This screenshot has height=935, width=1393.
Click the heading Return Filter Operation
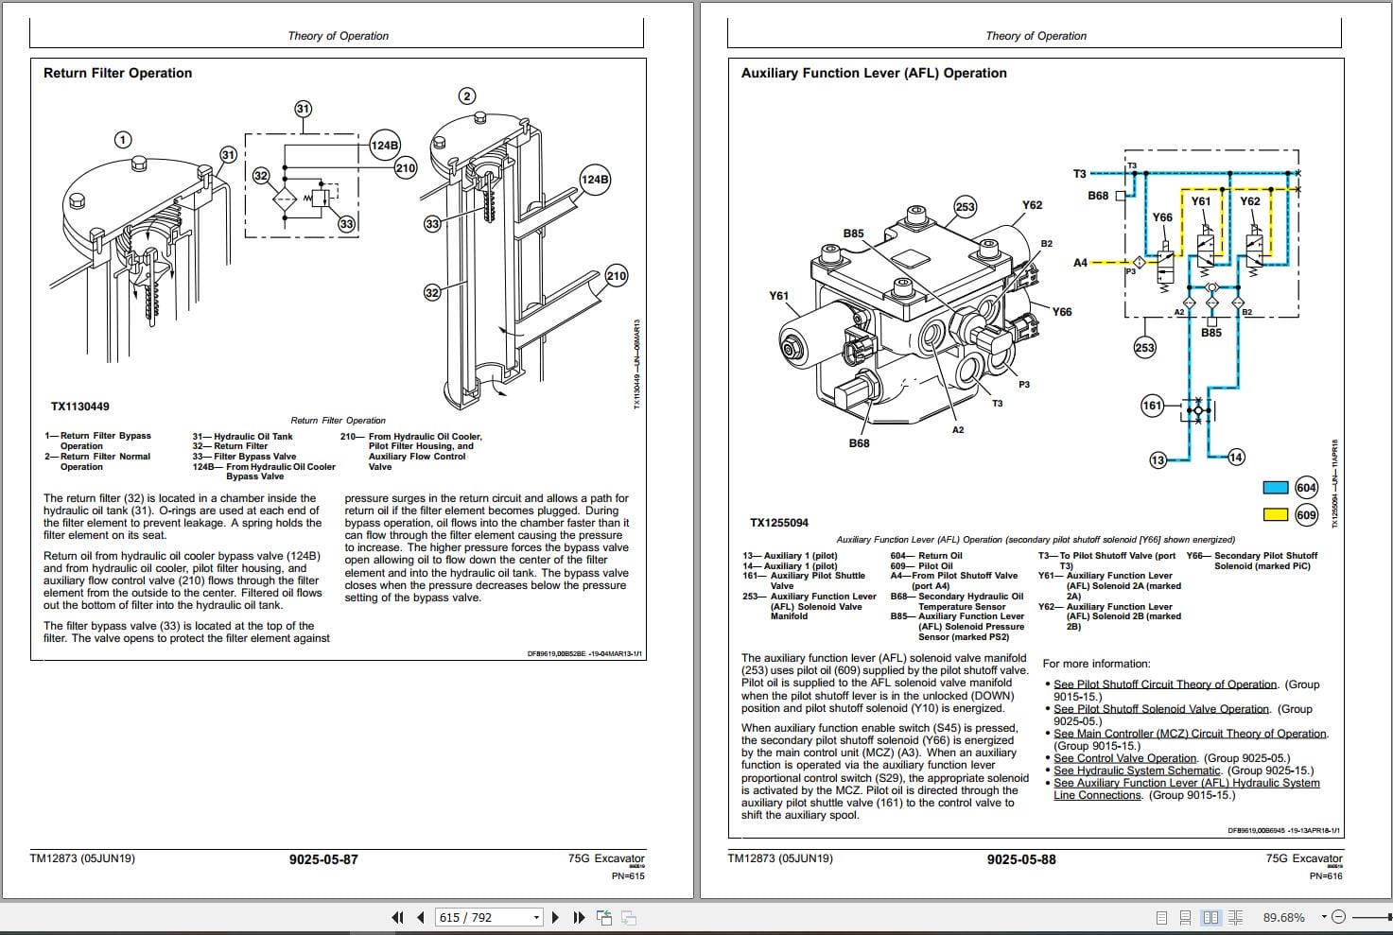coord(117,73)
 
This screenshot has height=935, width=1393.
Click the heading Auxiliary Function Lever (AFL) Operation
coord(873,73)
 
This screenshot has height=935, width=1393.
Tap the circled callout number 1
coord(123,140)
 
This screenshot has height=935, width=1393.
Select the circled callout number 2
coord(466,95)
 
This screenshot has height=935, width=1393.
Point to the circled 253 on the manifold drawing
coord(965,207)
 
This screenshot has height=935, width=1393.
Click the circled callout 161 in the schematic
coord(1152,406)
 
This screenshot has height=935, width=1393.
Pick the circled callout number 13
coord(1158,460)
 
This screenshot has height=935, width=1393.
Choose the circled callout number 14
coord(1236,458)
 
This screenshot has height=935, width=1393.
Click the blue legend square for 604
coord(1276,488)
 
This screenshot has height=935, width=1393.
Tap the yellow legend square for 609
coord(1276,515)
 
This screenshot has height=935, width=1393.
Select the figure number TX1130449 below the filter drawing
coord(79,407)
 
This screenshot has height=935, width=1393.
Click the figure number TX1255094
coord(779,523)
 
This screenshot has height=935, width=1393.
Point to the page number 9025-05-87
coord(323,859)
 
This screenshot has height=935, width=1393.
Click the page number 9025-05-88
coord(1021,859)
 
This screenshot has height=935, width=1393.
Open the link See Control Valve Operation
coord(1125,758)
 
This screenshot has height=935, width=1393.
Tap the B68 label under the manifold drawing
coord(859,442)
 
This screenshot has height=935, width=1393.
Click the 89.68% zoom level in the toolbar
coord(1283,917)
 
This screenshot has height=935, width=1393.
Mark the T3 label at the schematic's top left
coord(1080,174)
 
